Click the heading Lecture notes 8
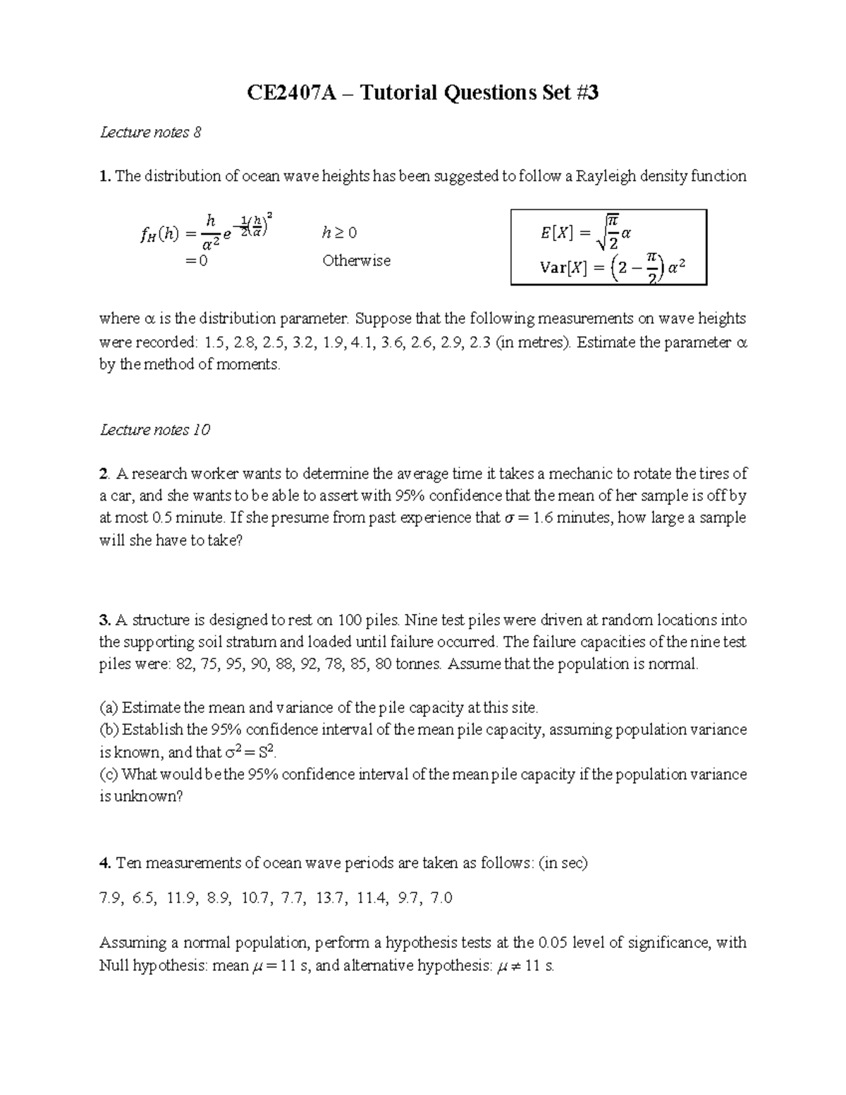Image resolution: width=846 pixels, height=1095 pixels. [x=151, y=133]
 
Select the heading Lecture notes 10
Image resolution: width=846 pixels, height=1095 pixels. [x=155, y=430]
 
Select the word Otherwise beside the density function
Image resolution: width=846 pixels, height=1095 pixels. [x=356, y=261]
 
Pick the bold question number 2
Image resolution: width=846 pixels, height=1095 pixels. [x=104, y=474]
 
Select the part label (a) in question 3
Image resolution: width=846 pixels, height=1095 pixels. [x=109, y=708]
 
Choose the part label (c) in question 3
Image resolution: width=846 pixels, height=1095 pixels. [x=109, y=774]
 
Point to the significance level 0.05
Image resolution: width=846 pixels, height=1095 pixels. [x=552, y=943]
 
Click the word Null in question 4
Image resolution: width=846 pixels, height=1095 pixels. [x=114, y=966]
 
